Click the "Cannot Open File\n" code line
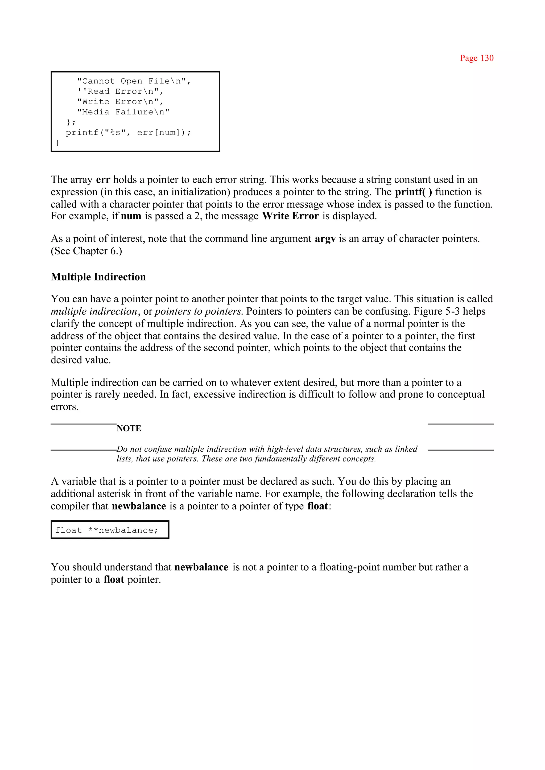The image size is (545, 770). click(134, 81)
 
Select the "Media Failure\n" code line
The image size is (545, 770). click(123, 112)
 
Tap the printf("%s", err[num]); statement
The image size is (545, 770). click(128, 133)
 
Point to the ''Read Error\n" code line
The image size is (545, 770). click(120, 92)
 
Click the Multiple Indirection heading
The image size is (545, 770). click(98, 277)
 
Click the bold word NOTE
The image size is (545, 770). click(129, 428)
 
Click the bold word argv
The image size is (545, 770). click(325, 239)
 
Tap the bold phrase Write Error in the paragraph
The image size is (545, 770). click(290, 216)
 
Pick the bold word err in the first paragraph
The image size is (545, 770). click(103, 180)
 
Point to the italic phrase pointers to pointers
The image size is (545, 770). click(198, 311)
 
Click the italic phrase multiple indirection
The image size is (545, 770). click(94, 311)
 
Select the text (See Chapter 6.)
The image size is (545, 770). click(86, 251)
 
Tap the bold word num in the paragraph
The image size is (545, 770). click(131, 216)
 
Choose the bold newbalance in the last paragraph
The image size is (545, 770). click(201, 567)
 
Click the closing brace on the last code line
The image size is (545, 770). click(57, 143)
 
